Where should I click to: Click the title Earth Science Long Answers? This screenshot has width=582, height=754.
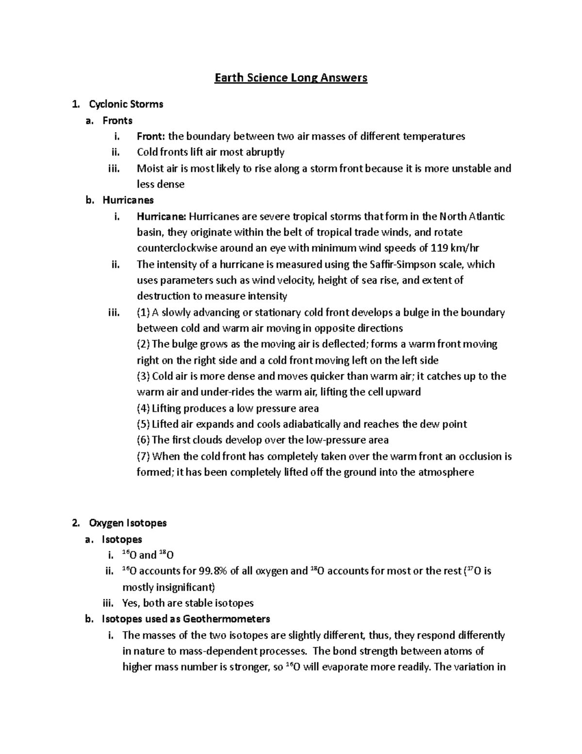[291, 78]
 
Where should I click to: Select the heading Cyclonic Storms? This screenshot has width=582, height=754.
[126, 104]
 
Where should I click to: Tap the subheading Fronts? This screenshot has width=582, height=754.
[117, 120]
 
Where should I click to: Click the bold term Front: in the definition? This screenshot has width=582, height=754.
[151, 136]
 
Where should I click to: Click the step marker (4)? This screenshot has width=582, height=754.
[144, 408]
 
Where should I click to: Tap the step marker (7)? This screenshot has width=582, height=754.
[144, 456]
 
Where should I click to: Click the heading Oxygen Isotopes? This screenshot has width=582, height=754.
[128, 523]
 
